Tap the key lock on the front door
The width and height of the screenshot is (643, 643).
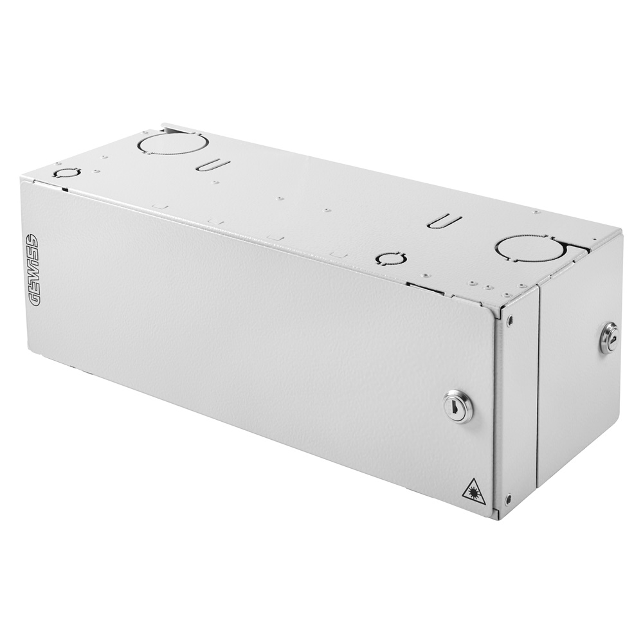[458, 406]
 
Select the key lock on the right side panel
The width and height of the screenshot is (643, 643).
[608, 337]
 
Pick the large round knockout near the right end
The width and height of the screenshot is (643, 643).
[530, 249]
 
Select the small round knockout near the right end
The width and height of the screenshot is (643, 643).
[391, 258]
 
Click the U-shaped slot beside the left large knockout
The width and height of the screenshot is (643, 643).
[214, 166]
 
